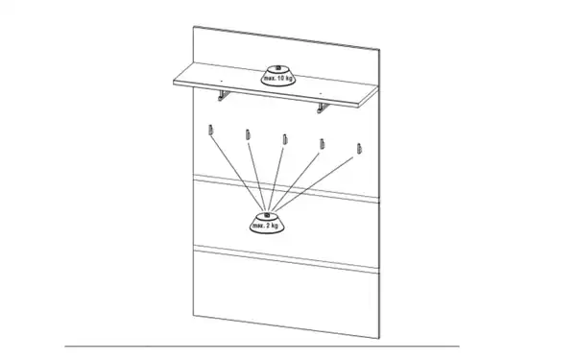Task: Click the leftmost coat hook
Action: pos(210,130)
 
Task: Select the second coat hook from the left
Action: pos(248,134)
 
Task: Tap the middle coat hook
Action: pos(285,139)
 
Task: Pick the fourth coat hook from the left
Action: pos(323,144)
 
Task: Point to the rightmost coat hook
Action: pos(359,149)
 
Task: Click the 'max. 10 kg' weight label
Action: pos(278,79)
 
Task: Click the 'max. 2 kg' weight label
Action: pos(265,226)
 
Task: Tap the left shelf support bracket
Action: pos(224,95)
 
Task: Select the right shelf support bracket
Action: pos(323,108)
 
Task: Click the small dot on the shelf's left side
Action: pos(221,80)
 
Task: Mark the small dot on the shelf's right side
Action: pos(321,93)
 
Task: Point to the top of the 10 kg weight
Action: pos(278,68)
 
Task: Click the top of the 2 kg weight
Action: pos(267,215)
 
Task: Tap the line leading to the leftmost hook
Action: pos(238,172)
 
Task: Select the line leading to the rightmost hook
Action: pos(314,184)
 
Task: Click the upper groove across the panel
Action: pos(286,189)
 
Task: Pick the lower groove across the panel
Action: pos(286,259)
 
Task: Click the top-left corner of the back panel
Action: pos(194,26)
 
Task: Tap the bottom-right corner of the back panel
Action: pos(379,338)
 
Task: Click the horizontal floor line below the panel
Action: pos(262,346)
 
